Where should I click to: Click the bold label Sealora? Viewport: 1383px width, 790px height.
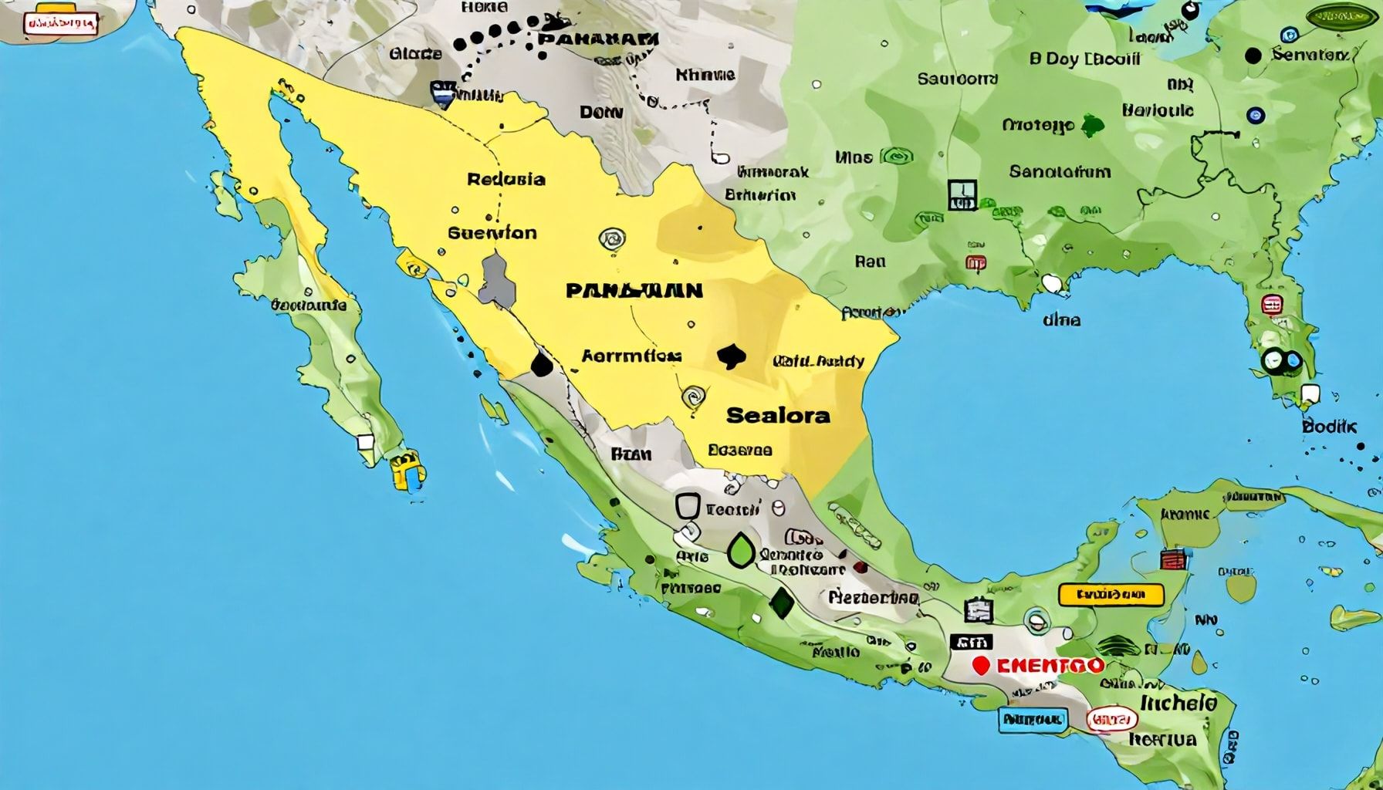click(778, 415)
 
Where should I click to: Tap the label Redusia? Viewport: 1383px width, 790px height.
click(506, 180)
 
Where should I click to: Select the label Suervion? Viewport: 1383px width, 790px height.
click(492, 232)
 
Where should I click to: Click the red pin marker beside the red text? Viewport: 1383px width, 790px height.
click(981, 665)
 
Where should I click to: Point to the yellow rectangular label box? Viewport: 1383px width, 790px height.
click(1111, 595)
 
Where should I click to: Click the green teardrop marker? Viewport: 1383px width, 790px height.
click(741, 551)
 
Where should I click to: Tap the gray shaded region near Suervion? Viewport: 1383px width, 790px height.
click(498, 279)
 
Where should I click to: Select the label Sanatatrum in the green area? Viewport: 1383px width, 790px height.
click(1060, 171)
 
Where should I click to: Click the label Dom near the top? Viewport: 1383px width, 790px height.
click(600, 113)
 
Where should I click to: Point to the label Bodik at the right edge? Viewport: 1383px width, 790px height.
click(1329, 426)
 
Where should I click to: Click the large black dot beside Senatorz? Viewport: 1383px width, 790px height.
click(1253, 56)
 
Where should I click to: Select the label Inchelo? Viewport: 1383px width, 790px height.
click(1178, 703)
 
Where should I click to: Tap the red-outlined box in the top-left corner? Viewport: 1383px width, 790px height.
click(61, 24)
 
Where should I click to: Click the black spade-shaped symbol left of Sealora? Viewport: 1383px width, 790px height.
click(731, 356)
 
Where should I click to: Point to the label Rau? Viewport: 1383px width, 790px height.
click(870, 262)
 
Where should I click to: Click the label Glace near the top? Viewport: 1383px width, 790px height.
click(416, 53)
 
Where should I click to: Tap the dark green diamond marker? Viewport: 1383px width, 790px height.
click(782, 603)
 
